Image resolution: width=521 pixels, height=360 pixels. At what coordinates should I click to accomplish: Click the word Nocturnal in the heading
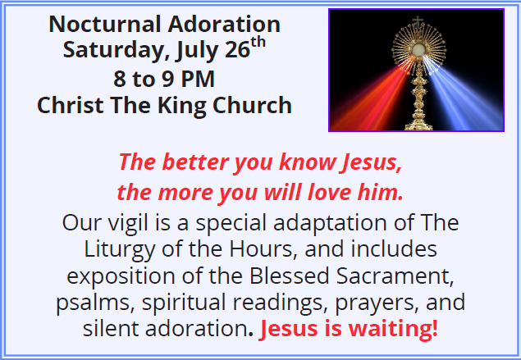(105, 24)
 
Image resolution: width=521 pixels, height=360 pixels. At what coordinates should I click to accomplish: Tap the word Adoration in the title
(224, 24)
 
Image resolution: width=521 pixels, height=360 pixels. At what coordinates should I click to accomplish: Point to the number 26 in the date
(237, 50)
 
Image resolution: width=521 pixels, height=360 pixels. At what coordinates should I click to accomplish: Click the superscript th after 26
(258, 43)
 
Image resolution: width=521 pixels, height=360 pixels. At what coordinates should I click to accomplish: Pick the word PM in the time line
(198, 79)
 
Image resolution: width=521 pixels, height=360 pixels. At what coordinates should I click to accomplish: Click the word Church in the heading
(252, 105)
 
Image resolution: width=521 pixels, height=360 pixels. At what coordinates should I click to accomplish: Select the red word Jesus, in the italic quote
(372, 162)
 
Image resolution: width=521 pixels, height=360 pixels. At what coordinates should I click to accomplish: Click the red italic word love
(329, 192)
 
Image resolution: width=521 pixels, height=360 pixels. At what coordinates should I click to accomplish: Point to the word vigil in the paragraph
(128, 223)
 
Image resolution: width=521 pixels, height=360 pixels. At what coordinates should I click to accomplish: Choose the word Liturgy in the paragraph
(119, 249)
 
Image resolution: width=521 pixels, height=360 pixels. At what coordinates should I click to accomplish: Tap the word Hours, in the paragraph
(263, 249)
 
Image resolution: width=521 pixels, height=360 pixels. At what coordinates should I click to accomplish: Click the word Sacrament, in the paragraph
(395, 276)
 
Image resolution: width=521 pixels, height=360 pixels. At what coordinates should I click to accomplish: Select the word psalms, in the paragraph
(95, 303)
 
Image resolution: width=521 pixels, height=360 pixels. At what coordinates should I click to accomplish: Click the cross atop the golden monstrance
(418, 21)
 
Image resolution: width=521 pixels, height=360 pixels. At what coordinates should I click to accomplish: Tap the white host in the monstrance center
(418, 49)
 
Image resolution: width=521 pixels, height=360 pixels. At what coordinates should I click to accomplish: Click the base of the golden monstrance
(418, 125)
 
